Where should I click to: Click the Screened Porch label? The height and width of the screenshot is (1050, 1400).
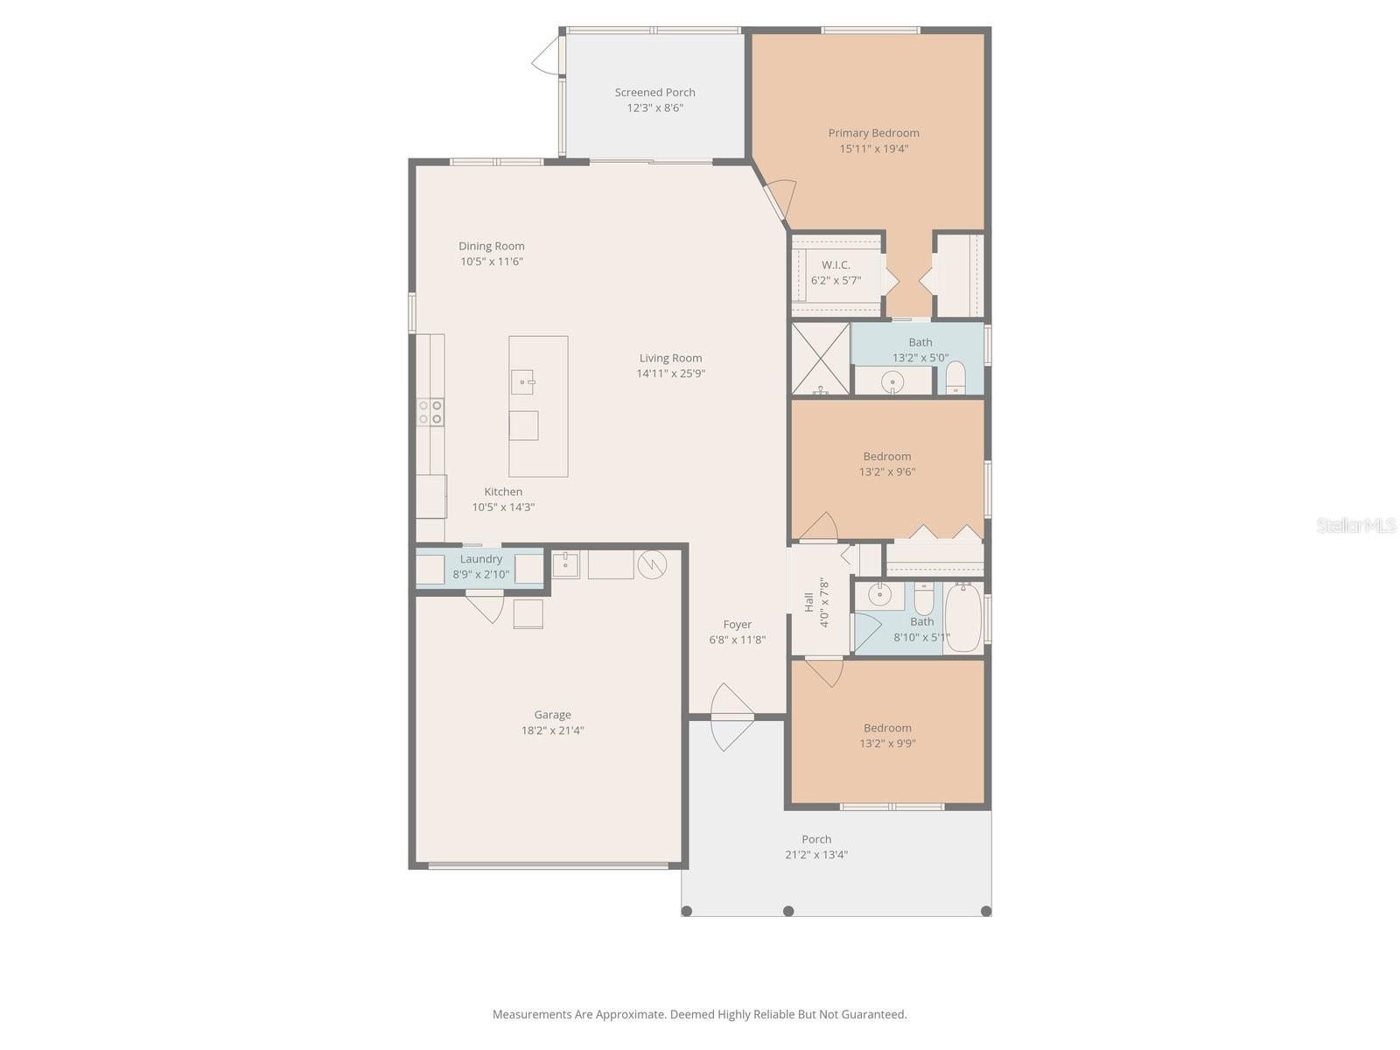point(654,93)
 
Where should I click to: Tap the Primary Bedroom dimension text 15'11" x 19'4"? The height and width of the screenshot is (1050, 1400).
point(873,149)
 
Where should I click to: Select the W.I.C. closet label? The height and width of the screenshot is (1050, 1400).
point(836,264)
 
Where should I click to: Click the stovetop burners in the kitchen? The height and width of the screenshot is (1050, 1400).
point(430,412)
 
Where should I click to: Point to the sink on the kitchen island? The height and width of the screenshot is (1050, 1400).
point(522,382)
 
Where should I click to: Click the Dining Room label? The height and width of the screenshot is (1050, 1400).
point(491,246)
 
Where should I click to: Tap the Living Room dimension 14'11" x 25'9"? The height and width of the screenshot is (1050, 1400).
point(670,374)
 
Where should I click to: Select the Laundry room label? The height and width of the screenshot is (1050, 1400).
point(481,559)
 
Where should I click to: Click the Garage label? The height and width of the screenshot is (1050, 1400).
point(552,715)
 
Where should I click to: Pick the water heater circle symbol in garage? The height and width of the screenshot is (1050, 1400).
point(652,564)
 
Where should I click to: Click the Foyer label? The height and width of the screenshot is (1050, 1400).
point(737,624)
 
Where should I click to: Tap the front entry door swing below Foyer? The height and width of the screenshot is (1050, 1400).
point(731,717)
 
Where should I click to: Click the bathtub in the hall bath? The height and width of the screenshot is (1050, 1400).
point(963,617)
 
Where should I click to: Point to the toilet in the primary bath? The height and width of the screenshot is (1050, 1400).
point(955,377)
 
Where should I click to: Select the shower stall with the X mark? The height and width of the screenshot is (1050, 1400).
point(820,359)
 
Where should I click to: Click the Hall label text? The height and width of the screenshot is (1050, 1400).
point(808,603)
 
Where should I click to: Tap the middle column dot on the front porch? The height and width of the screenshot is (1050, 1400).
point(788,911)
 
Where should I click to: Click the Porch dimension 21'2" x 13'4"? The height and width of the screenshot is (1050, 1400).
point(815,855)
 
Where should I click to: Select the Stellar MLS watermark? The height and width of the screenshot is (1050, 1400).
point(1356,525)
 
